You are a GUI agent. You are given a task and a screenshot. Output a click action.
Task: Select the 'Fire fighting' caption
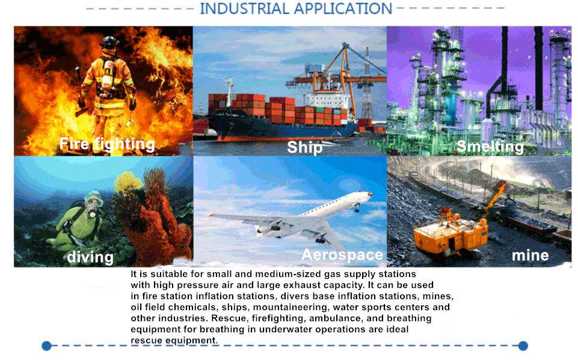click(107, 144)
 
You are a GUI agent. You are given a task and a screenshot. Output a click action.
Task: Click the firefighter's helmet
click(109, 41)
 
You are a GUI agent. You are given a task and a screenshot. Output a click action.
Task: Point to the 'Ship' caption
click(305, 147)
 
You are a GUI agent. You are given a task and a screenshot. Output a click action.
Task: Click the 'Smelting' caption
click(490, 147)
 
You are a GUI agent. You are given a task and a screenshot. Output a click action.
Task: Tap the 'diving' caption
click(90, 257)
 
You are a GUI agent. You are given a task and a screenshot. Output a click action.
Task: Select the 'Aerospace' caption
click(342, 255)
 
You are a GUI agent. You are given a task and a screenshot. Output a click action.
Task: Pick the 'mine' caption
click(530, 255)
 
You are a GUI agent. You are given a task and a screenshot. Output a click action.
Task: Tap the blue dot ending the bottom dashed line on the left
click(46, 346)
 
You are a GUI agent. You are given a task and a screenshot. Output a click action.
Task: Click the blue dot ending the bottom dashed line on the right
click(523, 346)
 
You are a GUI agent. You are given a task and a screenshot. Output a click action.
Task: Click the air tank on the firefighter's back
click(108, 75)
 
